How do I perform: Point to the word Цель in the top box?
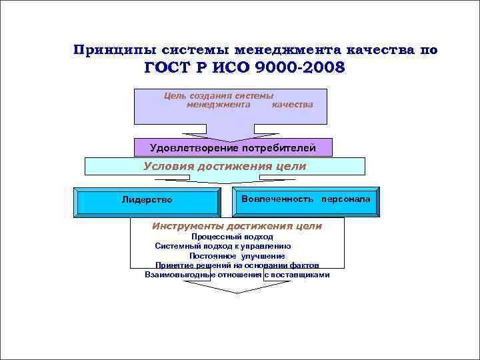click(174, 95)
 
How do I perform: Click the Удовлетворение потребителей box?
click(233, 147)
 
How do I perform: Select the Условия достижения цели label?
click(225, 166)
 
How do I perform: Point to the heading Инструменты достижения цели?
click(237, 226)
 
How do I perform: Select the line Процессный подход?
click(232, 237)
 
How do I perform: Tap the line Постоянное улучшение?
click(237, 256)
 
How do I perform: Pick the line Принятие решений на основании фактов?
click(237, 265)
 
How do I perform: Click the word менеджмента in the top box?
click(218, 105)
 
